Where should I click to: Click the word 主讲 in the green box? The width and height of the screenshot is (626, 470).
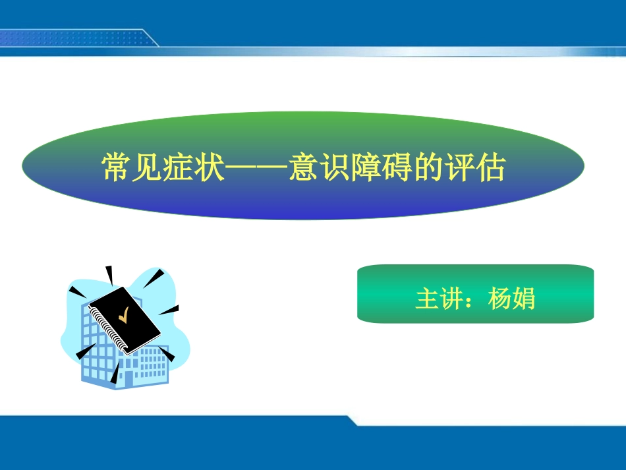[x=439, y=299]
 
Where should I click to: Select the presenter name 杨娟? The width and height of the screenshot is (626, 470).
[x=511, y=299]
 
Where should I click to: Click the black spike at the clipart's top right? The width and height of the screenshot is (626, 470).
[x=156, y=276]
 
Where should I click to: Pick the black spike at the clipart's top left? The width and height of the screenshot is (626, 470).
[x=76, y=291]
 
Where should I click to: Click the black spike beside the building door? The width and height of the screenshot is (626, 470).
[x=115, y=375]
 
